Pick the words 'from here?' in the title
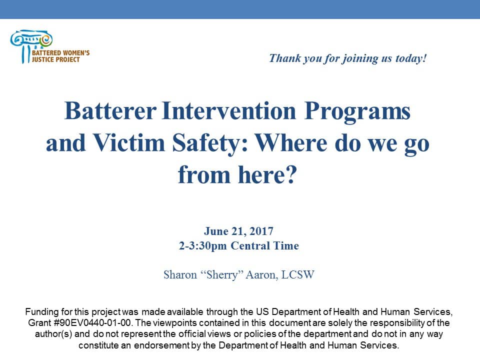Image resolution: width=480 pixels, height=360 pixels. pyautogui.click(x=237, y=175)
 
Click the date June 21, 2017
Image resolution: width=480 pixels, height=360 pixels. pyautogui.click(x=238, y=231)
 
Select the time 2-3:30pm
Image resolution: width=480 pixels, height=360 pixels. pyautogui.click(x=202, y=246)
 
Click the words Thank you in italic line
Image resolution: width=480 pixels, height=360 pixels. pyautogui.click(x=292, y=58)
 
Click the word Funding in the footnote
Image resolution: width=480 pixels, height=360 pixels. pyautogui.click(x=40, y=311)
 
